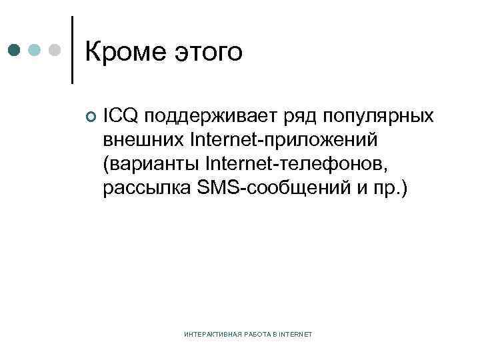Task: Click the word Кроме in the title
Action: tap(123, 51)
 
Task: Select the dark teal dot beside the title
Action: tap(15, 50)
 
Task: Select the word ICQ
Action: tap(121, 116)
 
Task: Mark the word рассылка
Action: tap(138, 189)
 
